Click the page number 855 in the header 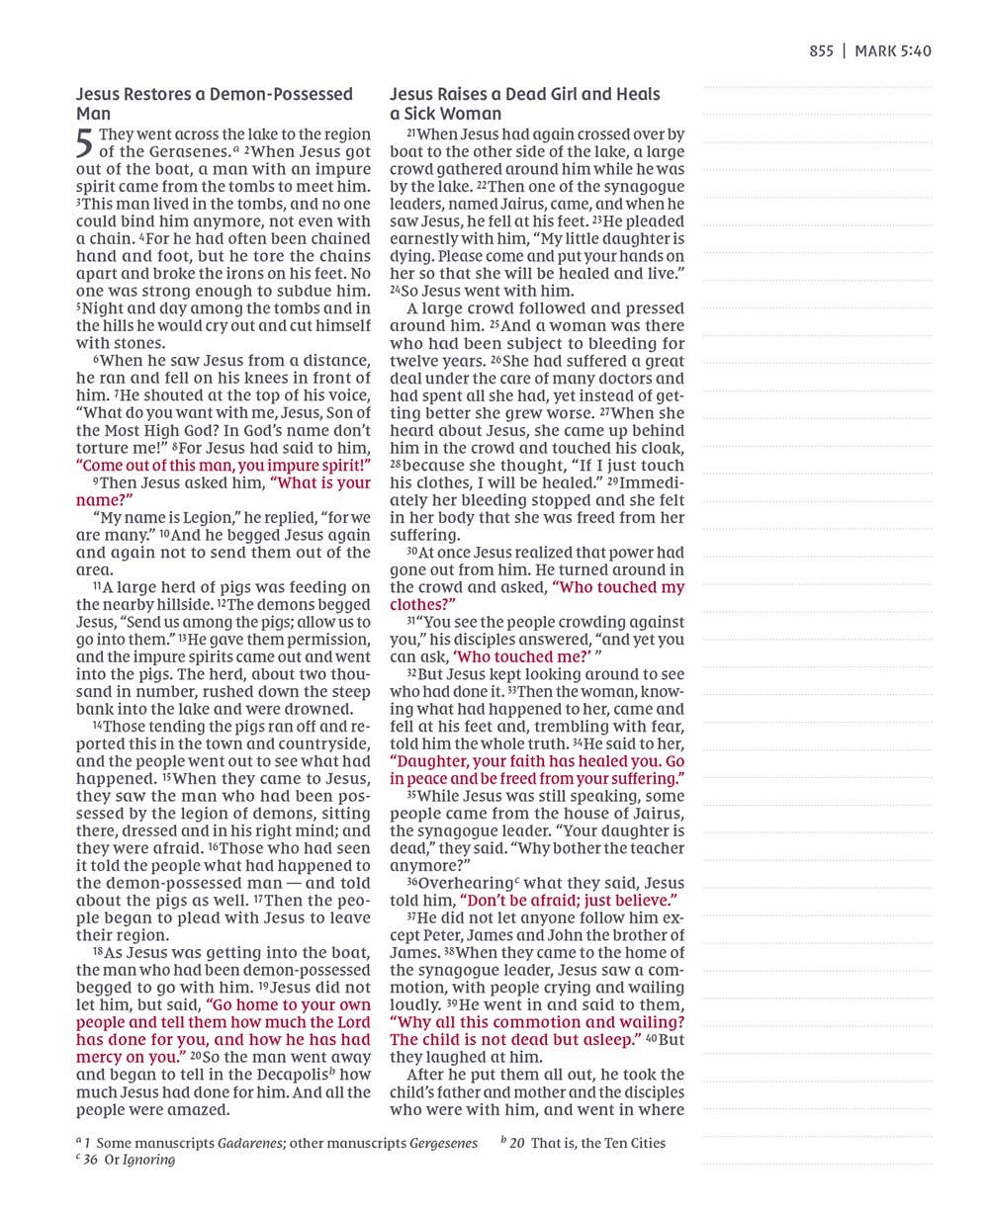click(821, 51)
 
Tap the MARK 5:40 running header click(892, 51)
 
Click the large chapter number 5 click(85, 144)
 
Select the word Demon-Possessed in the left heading click(287, 95)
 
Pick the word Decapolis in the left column click(291, 1075)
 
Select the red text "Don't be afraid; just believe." click(569, 901)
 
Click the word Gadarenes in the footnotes click(251, 1143)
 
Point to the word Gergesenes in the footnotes click(443, 1143)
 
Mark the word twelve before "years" click(413, 361)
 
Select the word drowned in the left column click(321, 709)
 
